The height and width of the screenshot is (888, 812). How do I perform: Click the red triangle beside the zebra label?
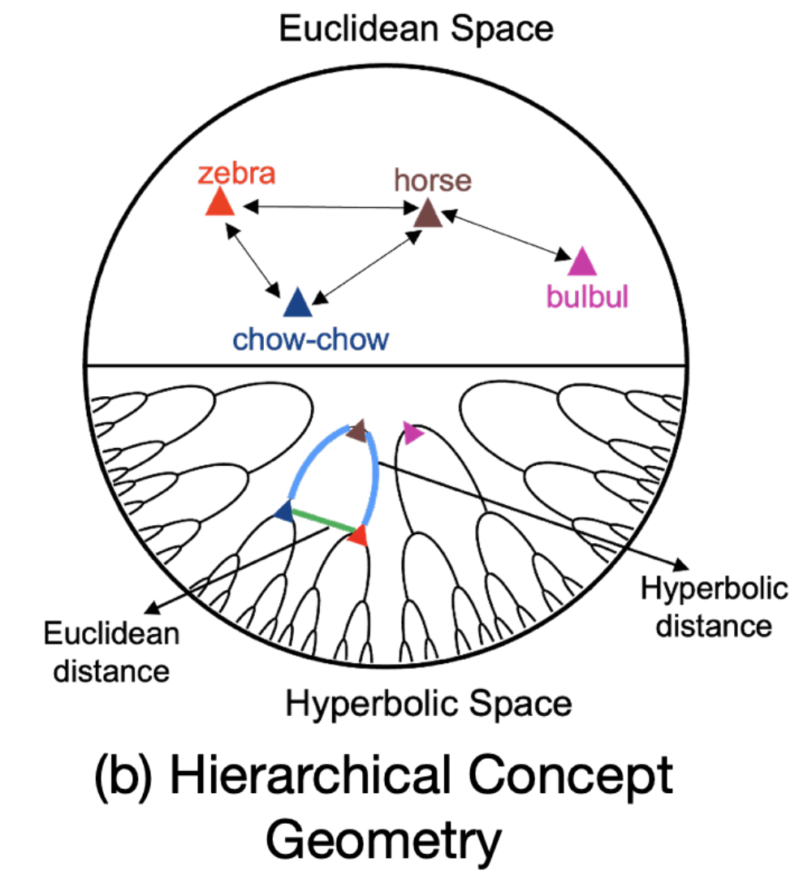click(x=220, y=203)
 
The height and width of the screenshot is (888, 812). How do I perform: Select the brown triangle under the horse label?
click(x=428, y=214)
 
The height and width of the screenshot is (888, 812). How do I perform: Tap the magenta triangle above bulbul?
click(x=582, y=262)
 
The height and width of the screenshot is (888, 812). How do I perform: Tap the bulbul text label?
click(x=587, y=297)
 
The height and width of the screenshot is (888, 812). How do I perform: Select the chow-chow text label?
click(x=311, y=338)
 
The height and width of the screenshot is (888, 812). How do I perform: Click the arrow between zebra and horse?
click(x=330, y=208)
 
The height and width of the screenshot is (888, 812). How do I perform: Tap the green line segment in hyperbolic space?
click(x=322, y=521)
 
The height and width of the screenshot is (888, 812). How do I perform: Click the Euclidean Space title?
click(x=416, y=29)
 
